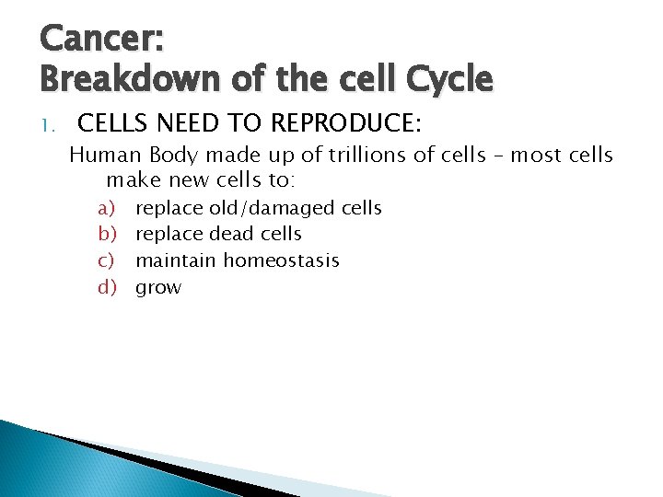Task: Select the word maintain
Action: click(x=176, y=261)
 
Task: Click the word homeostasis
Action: click(x=281, y=261)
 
